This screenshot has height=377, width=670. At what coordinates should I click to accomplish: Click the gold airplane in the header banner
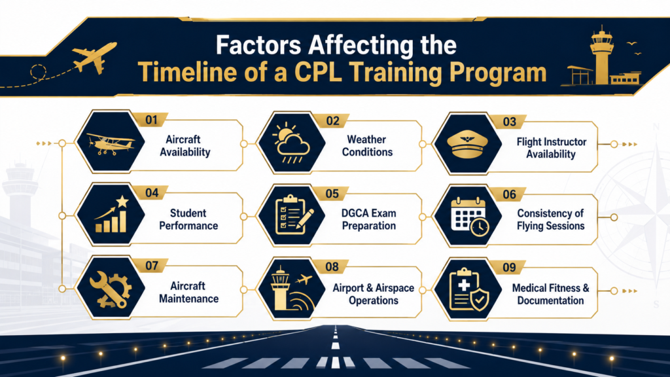(x=94, y=58)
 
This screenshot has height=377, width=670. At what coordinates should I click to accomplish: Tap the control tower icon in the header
(x=602, y=55)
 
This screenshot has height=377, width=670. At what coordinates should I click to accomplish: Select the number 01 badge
(x=152, y=120)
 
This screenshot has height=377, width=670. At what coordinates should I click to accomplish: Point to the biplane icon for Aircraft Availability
(x=111, y=143)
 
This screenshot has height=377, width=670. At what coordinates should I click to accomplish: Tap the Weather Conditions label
(x=367, y=146)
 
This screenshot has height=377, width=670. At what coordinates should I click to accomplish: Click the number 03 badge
(x=509, y=122)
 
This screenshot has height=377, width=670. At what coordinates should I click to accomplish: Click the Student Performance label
(x=188, y=219)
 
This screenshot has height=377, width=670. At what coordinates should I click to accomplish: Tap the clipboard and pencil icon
(x=294, y=215)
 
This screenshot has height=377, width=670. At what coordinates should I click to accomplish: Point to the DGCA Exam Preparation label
(x=369, y=219)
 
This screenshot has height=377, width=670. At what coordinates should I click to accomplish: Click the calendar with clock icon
(x=470, y=217)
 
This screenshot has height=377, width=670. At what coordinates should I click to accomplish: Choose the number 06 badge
(x=509, y=194)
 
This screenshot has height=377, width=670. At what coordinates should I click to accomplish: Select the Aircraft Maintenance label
(x=188, y=293)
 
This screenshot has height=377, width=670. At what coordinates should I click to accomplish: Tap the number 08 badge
(x=332, y=267)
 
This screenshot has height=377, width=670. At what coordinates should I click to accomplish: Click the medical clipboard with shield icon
(x=468, y=290)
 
